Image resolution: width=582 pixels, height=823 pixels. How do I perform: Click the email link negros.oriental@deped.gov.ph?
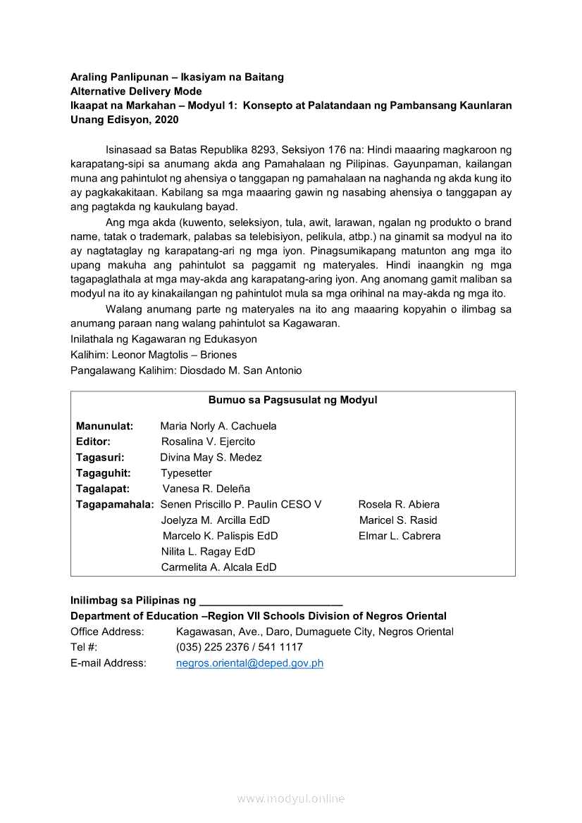pos(249,663)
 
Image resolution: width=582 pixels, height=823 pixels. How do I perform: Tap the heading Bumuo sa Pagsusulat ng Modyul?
pos(292,400)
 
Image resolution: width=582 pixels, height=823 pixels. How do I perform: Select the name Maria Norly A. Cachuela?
pos(218,426)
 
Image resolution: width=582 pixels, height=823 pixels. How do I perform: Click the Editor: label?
pos(93,441)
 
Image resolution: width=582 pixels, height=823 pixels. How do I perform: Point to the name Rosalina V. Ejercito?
pos(208,441)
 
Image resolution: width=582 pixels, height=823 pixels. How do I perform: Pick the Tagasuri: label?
pos(100,458)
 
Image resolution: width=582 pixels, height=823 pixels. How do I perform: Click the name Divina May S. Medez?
pos(211,458)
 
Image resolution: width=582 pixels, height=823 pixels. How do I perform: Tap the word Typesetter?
pos(186,473)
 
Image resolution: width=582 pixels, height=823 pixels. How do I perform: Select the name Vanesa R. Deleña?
pos(206,489)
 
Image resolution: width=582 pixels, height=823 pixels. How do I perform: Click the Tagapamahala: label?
pos(115,504)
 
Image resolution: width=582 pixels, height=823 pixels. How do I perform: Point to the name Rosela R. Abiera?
pos(399,504)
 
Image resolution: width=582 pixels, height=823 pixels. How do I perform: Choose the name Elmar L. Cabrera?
pos(400,536)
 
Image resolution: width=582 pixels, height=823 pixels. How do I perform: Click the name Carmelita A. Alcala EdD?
pos(218,567)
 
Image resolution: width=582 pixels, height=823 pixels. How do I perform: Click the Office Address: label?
pos(107,632)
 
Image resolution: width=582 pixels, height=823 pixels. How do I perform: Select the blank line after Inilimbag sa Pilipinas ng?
pos(271,602)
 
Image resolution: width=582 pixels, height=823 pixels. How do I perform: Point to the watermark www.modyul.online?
pos(291,798)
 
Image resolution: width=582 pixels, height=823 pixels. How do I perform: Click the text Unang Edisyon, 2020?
pos(125,120)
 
